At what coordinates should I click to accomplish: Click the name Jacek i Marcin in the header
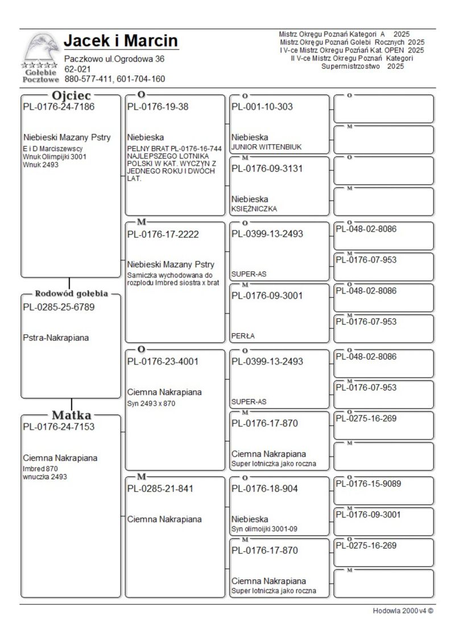point(121,41)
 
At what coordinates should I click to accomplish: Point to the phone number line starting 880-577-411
point(114,79)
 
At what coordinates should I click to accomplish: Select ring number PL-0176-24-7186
point(59,106)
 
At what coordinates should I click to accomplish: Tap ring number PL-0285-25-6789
point(59,308)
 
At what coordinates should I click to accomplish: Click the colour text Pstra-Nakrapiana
point(57,338)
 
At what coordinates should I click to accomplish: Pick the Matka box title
point(71,414)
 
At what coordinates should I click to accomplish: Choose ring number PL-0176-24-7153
point(59,427)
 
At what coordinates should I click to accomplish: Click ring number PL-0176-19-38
point(158,106)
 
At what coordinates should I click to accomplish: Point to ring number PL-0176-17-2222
point(163,234)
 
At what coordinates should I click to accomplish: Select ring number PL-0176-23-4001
point(163,361)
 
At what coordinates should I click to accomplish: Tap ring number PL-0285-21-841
point(160,488)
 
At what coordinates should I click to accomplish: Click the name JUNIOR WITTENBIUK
point(266,147)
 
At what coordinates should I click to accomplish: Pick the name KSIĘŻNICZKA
point(254,209)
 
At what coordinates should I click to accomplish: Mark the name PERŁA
point(243,336)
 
